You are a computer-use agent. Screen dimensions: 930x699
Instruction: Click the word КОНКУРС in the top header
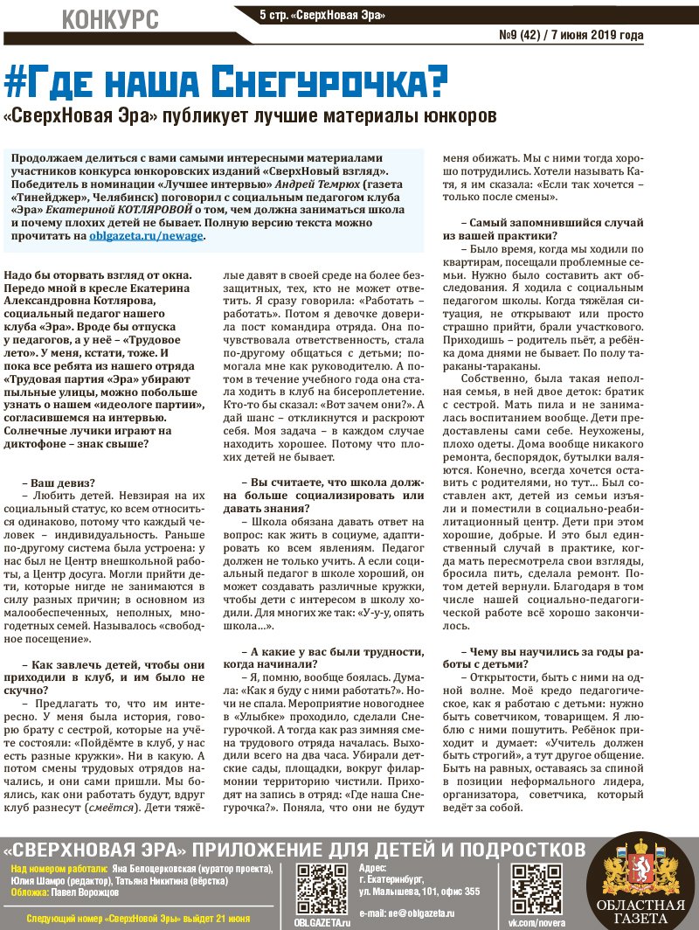(111, 17)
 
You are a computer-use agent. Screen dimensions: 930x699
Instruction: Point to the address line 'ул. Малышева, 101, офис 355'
(419, 892)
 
